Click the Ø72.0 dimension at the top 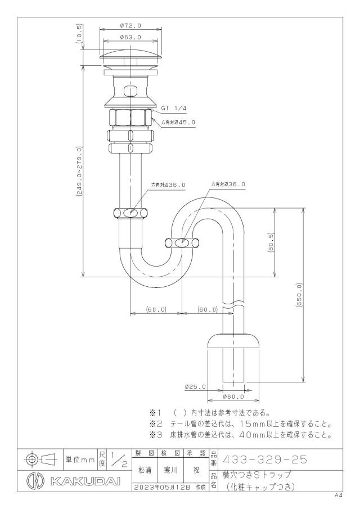[x=130, y=25]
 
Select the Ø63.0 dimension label [x=130, y=37]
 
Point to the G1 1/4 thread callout [x=174, y=108]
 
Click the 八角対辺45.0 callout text [x=178, y=123]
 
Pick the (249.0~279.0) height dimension [x=79, y=171]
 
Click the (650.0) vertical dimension [x=299, y=295]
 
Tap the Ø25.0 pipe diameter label [x=195, y=386]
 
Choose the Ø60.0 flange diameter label [x=233, y=397]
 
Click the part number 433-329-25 [x=264, y=460]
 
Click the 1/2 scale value [x=119, y=460]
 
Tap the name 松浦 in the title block [x=145, y=470]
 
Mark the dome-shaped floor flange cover [x=233, y=340]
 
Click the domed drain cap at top [x=130, y=54]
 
